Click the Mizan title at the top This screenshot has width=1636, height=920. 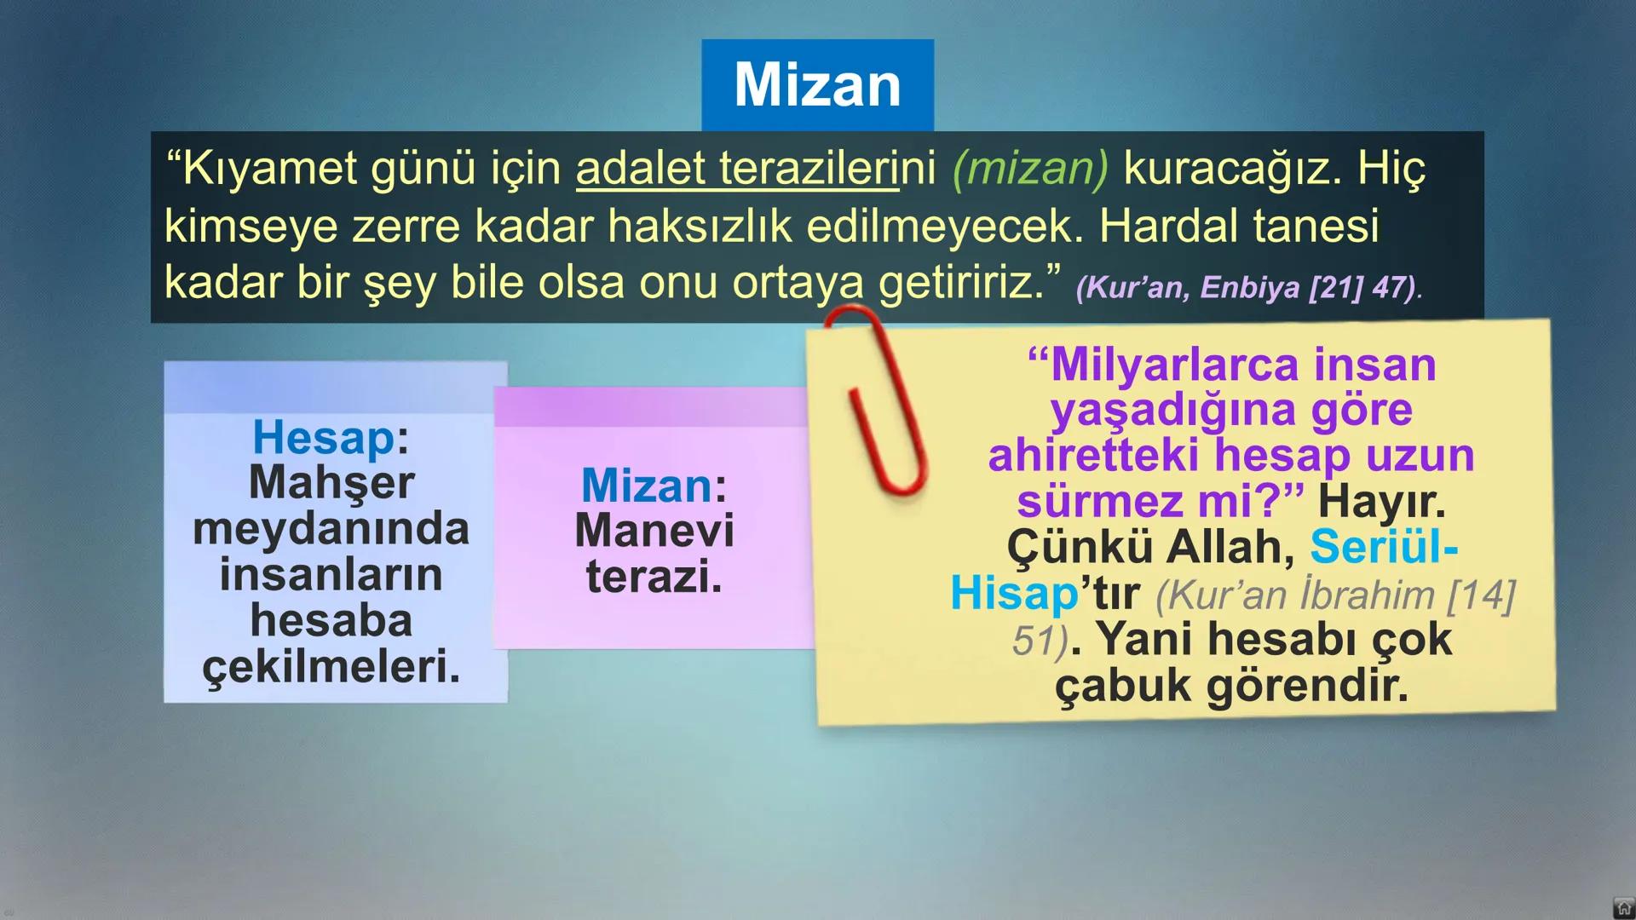click(x=817, y=84)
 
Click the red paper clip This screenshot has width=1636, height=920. click(x=878, y=400)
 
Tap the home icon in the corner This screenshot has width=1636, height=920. click(x=1623, y=907)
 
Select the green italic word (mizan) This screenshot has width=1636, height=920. click(x=1030, y=168)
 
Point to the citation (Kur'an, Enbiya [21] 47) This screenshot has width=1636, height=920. click(x=1247, y=288)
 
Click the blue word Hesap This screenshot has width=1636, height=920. click(x=324, y=438)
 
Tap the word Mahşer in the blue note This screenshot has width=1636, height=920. click(x=331, y=483)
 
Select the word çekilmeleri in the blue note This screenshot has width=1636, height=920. click(x=331, y=666)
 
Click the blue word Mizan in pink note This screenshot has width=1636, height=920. click(x=647, y=486)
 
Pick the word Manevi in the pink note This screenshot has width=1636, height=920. click(x=654, y=531)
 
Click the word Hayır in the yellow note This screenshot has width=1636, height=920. click(x=1381, y=502)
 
